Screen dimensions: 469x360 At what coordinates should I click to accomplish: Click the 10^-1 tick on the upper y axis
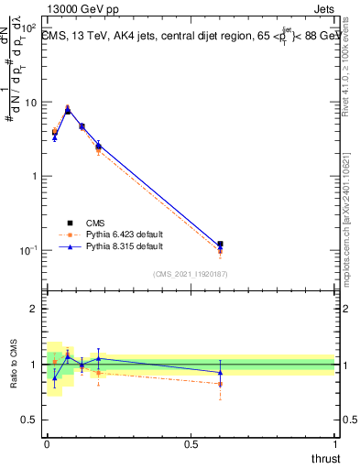click(30, 250)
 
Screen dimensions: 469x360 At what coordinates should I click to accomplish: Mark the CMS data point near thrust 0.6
click(220, 245)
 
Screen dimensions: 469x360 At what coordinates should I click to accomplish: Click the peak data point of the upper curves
click(68, 110)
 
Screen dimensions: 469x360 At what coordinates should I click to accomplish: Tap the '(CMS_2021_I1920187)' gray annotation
click(190, 273)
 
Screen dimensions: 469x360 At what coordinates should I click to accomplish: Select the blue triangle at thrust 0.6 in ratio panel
click(220, 372)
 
